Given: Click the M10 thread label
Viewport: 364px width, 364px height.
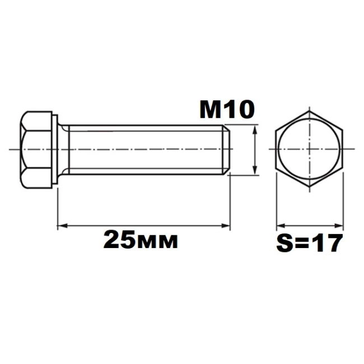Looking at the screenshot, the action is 227,110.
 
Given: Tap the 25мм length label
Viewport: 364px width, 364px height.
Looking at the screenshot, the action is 141,240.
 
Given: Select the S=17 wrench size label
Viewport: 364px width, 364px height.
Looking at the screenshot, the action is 310,243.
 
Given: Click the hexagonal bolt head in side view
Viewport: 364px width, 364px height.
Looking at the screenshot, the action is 36,150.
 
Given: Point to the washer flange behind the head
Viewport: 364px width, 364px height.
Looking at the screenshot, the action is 55,150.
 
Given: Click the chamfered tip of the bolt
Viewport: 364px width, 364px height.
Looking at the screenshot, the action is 227,150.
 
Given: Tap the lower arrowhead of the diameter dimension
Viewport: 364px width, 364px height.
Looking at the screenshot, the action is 255,170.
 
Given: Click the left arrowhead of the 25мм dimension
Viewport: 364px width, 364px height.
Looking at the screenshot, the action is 62,225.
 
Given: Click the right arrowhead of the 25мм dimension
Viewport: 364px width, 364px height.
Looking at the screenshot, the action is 226,225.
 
